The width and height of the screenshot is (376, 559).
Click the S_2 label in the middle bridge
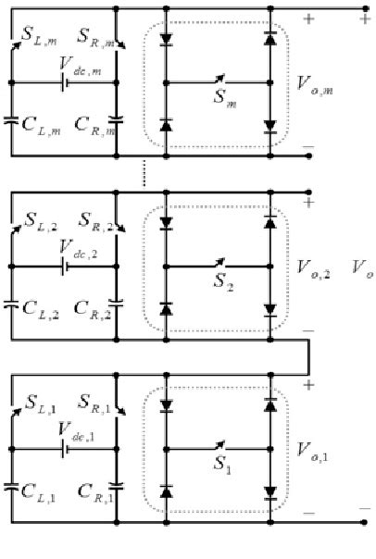[x=222, y=278]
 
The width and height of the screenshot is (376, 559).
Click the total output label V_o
[x=362, y=269]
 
